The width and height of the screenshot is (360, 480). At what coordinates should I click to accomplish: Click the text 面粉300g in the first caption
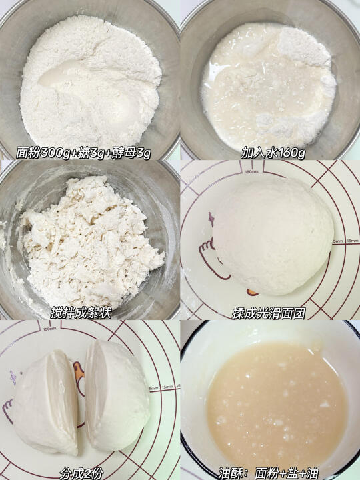[43, 153]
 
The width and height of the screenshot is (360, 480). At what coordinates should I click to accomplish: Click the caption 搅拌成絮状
[81, 313]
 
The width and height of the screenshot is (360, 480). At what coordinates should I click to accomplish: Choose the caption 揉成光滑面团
[269, 313]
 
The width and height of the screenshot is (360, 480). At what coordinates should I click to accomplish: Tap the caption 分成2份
[81, 473]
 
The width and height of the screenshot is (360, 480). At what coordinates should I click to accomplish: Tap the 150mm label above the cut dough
[49, 329]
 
